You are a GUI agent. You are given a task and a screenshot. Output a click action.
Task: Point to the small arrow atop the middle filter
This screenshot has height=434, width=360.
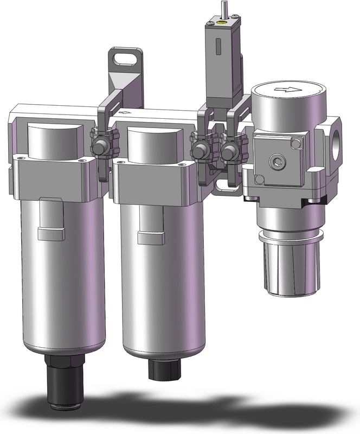coord(128,112)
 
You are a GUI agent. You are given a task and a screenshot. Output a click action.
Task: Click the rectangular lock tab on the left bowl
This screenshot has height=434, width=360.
coord(51,234)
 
